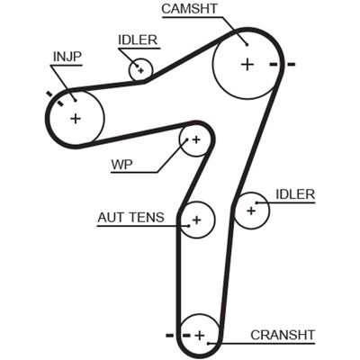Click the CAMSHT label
pos(190,8)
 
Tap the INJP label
pos(67,57)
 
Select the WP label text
pos(121,165)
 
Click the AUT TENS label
pos(131,217)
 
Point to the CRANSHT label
pos(283,335)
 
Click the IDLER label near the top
pos(138,40)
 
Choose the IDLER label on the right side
pos(295,194)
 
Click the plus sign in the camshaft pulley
pos(247,64)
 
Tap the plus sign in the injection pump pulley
pos(76,119)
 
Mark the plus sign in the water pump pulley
pos(196,139)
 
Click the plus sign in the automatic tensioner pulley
pos(197,220)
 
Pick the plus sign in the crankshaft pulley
pos(200,336)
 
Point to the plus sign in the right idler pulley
pos(251,211)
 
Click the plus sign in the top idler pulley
pos(141,70)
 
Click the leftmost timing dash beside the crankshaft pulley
pos(170,335)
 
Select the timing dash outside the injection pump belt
pos(49,94)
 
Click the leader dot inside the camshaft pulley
pos(247,45)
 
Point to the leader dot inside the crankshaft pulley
pos(208,343)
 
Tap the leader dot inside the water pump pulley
pos(186,139)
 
